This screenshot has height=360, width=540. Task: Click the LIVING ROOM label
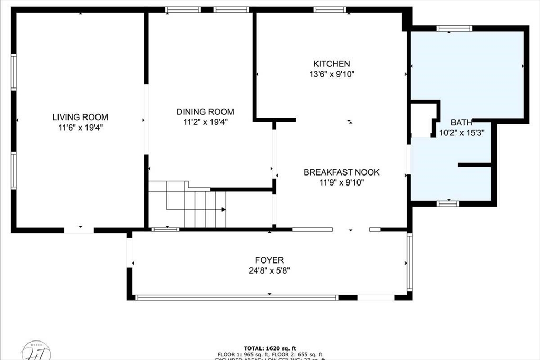click(80, 117)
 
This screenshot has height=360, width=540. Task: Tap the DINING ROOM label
click(205, 112)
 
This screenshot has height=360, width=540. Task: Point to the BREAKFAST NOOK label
click(341, 172)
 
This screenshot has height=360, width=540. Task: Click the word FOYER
click(269, 260)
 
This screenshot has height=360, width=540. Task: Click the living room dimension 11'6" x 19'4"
click(80, 127)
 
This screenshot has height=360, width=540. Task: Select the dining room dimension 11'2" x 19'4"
click(205, 122)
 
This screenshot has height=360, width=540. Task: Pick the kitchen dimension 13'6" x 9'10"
click(331, 74)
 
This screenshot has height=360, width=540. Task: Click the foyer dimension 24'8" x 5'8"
click(269, 270)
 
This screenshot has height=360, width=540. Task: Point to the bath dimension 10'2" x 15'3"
click(461, 133)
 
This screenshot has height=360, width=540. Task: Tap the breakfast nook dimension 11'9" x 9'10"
click(341, 183)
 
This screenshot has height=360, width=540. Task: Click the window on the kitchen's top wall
click(330, 9)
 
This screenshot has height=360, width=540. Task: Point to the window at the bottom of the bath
click(448, 203)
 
